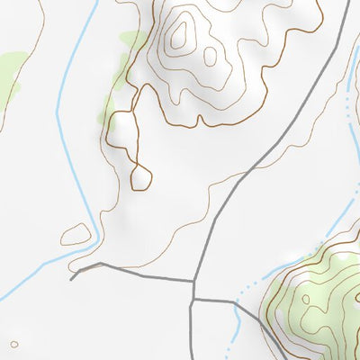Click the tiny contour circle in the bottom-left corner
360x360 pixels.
tap(13, 343)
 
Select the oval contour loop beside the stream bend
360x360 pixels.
tap(76, 234)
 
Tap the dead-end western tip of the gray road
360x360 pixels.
tap(71, 278)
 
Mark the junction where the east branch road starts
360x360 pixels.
tap(193, 299)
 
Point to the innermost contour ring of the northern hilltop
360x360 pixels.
tap(181, 35)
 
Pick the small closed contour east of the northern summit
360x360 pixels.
tap(211, 56)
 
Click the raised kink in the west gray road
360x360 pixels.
tap(99, 264)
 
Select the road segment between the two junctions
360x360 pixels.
tap(193, 289)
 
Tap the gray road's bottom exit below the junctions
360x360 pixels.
tap(191, 357)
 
